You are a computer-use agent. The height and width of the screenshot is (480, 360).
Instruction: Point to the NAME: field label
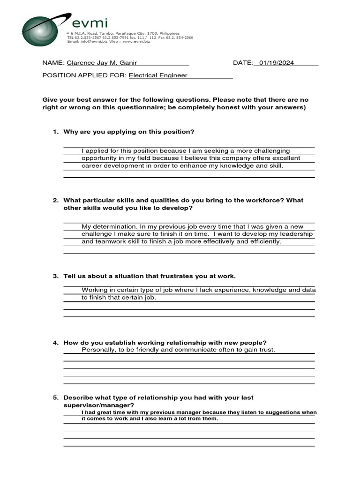click(53, 63)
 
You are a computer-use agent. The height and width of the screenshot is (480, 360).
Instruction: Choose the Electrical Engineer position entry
click(158, 75)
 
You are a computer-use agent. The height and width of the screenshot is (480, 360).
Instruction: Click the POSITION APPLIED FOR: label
click(84, 75)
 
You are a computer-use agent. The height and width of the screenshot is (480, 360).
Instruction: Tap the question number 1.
click(55, 132)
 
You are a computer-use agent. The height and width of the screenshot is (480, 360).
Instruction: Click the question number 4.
click(55, 343)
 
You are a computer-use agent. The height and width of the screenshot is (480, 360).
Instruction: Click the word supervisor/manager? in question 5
click(99, 405)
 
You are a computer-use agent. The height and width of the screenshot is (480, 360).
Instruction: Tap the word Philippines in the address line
click(169, 34)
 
